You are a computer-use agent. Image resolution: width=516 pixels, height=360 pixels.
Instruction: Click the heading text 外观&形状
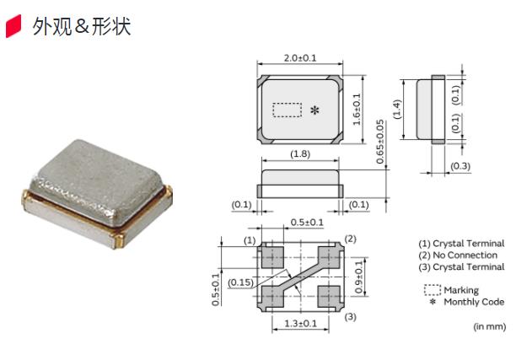(80, 27)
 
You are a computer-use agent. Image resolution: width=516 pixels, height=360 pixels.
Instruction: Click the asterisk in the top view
(315, 111)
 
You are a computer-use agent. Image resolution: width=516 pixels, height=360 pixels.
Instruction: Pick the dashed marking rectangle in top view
(288, 110)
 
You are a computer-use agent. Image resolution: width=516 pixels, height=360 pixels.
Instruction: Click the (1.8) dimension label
(300, 154)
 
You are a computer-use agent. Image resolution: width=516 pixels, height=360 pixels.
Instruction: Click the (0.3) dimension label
(460, 166)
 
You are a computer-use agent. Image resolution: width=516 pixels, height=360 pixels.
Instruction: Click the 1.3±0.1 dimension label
(301, 324)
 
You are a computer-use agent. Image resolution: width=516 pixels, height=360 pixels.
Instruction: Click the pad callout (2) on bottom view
(351, 239)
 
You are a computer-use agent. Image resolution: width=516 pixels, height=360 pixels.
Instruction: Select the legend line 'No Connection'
(462, 255)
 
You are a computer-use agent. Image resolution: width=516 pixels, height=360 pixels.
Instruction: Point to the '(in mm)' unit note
(489, 326)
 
